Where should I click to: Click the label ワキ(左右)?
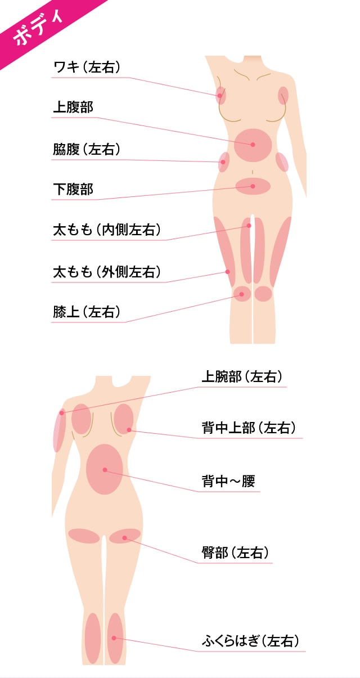coord(87,66)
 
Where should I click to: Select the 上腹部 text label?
coord(73,107)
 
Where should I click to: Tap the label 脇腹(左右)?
coord(87,149)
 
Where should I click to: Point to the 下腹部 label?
coord(73,189)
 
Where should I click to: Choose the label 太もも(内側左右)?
coord(107,230)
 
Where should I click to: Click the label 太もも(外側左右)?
coord(107,272)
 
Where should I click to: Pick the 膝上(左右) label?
coord(87,312)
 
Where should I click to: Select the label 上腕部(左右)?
coord(242,377)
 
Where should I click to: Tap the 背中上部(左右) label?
coord(249,428)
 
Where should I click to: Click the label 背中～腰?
coord(228,481)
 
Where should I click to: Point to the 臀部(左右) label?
coord(235,553)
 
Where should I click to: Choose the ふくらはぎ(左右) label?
coord(250,641)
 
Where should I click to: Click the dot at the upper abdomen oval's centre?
coord(253,145)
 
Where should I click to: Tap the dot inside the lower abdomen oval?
coord(253,186)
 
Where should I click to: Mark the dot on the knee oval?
coord(242,294)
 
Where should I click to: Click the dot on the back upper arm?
coord(62,412)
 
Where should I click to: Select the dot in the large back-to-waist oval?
coord(105,470)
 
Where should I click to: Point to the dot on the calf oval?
coord(114,637)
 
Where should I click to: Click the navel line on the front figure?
coord(253,172)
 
